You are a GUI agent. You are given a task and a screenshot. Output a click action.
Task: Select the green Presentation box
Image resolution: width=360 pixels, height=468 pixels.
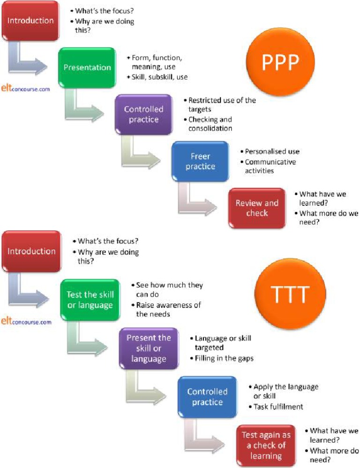tap(87, 68)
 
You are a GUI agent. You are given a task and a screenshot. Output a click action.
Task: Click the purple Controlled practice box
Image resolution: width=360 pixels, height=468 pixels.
tap(143, 114)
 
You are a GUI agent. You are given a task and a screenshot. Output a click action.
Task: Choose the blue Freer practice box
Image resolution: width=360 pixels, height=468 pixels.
tap(200, 161)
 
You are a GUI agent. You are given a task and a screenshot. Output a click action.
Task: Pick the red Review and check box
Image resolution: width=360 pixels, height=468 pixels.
tap(256, 208)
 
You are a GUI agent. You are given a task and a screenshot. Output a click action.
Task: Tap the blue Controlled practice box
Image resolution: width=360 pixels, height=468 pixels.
tap(207, 396)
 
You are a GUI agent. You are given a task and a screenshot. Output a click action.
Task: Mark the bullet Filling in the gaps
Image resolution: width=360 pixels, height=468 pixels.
tap(224, 359)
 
